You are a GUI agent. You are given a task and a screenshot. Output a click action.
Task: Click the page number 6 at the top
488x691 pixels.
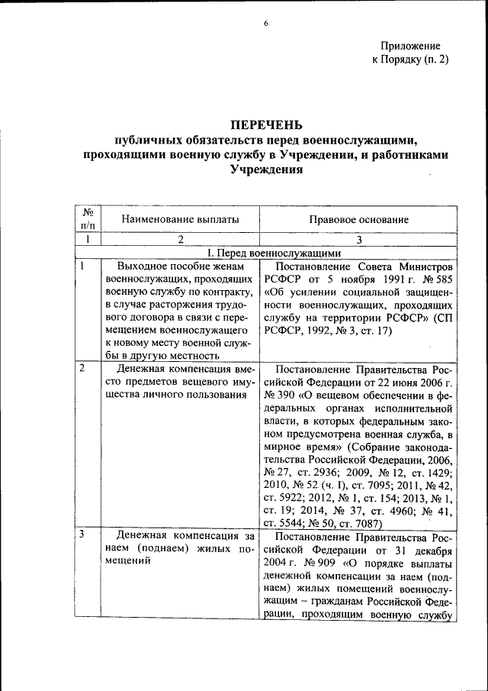coord(266,24)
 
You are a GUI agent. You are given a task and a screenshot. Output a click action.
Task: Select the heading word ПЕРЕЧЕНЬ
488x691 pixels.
coord(266,124)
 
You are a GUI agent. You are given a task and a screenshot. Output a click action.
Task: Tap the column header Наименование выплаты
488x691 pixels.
coord(181,219)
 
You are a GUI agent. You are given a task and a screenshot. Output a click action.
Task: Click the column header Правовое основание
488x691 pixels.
coord(358,219)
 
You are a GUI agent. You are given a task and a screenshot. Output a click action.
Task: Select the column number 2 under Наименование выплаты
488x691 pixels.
coord(180,239)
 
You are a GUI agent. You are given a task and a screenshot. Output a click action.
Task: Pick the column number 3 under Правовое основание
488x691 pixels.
coord(358,239)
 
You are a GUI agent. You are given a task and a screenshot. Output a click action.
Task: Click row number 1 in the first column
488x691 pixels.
coord(82,266)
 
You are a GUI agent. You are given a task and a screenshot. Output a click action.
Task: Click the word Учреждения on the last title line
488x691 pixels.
coord(266,170)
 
